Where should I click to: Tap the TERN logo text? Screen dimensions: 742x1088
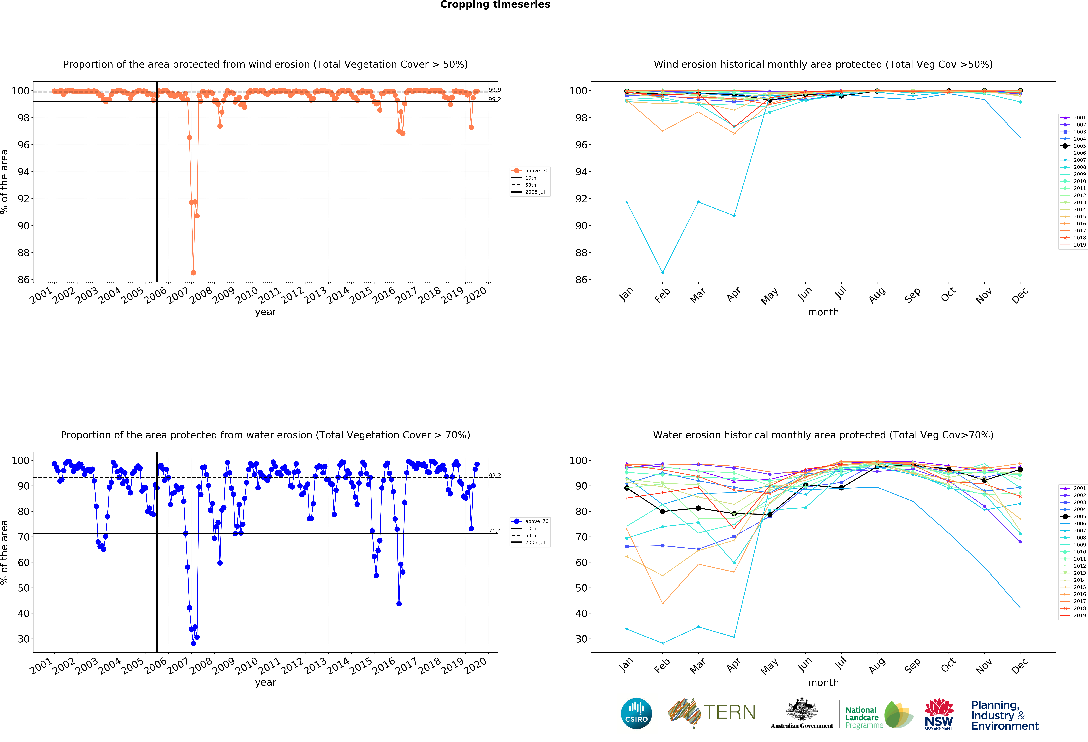729,712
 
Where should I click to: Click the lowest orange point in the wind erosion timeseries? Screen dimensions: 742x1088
193,273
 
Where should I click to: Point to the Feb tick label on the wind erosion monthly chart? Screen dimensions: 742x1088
662,295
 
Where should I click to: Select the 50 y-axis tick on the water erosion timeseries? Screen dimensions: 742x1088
23,588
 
